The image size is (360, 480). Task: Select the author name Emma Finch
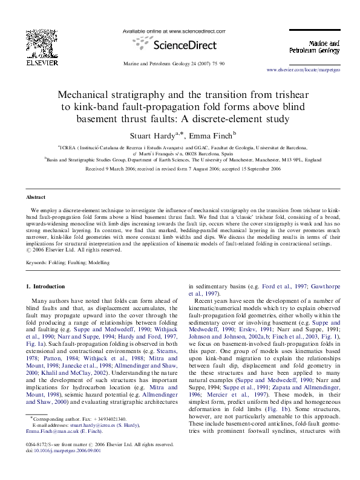pos(212,134)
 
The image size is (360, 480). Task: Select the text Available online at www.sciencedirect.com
pos(174,30)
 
